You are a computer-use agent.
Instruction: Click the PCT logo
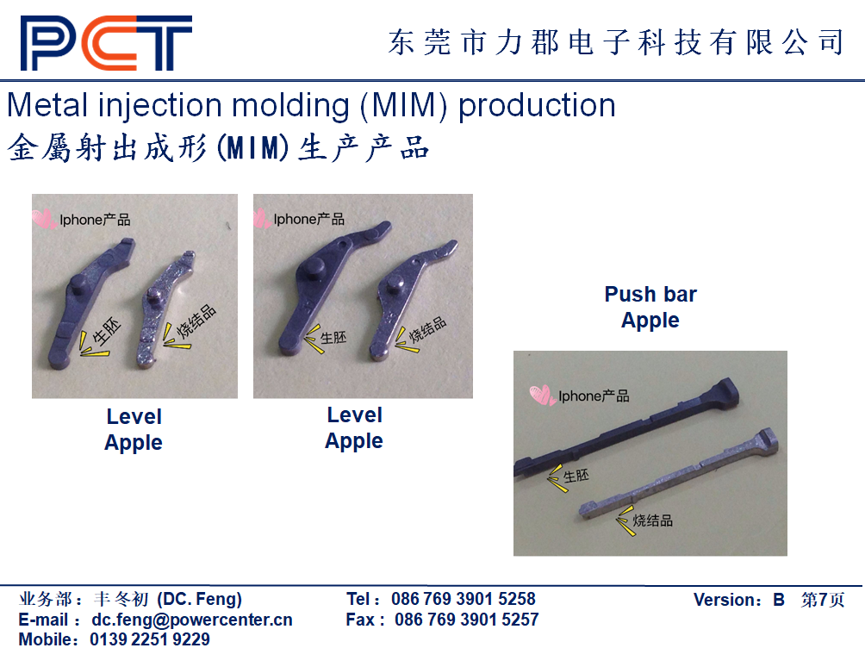click(x=106, y=43)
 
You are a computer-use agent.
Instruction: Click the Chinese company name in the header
click(x=616, y=42)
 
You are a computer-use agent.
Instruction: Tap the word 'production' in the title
click(x=537, y=105)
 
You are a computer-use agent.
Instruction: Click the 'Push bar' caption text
click(x=650, y=294)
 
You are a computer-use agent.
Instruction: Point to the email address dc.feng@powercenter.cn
click(x=192, y=620)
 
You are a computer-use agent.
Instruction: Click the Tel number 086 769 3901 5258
click(x=464, y=599)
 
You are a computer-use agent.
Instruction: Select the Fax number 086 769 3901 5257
click(x=467, y=620)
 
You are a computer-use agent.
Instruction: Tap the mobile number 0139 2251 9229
click(x=150, y=639)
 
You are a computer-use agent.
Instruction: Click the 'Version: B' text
click(x=738, y=600)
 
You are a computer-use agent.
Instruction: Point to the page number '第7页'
click(x=823, y=600)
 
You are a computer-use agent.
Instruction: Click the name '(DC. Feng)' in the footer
click(x=199, y=599)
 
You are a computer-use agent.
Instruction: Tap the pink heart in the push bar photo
click(x=542, y=396)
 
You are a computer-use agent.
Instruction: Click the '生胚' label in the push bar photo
click(x=576, y=476)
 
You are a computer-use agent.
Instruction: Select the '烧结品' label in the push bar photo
click(x=652, y=520)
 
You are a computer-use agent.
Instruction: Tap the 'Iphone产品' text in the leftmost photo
click(x=95, y=220)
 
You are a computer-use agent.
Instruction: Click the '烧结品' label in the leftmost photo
click(x=196, y=321)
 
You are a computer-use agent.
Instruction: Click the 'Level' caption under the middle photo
click(x=355, y=415)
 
